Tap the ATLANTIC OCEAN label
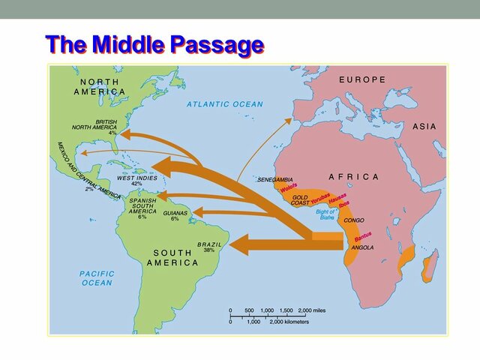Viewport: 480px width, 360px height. [225, 104]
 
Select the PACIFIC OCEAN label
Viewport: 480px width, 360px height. [97, 278]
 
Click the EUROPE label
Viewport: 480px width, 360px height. [362, 79]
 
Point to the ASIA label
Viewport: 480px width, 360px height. [424, 127]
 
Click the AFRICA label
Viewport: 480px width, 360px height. [355, 177]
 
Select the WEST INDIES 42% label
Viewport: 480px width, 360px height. [137, 181]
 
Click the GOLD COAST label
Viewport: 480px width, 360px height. [301, 200]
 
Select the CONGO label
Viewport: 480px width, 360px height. [354, 221]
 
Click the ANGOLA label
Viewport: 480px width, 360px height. [361, 247]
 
